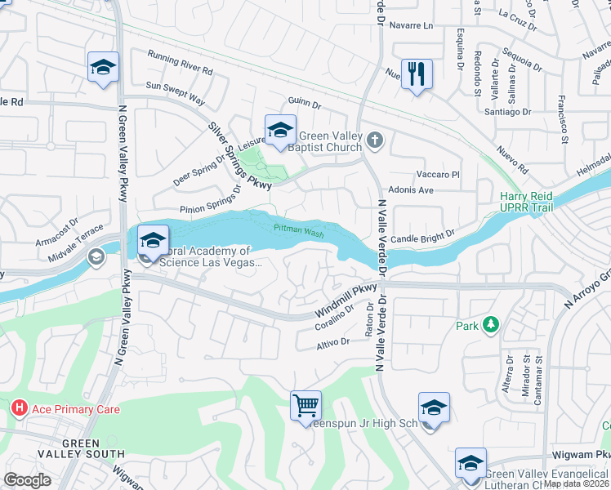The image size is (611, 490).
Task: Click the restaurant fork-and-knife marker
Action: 417,73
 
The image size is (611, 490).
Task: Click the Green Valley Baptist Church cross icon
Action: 375,140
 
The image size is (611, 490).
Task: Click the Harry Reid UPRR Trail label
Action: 527,203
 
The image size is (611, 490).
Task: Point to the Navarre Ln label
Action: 410,25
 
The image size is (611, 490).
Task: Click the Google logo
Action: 27,480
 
